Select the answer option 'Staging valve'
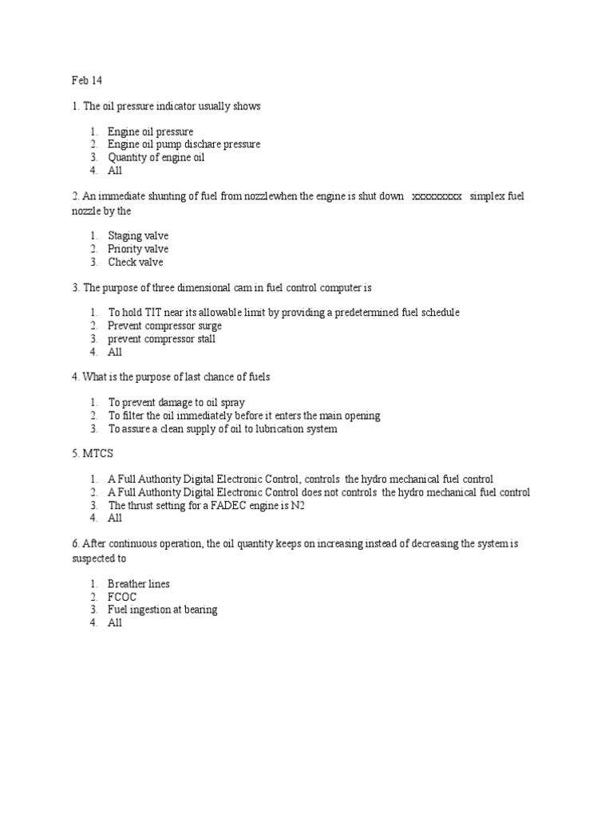pyautogui.click(x=138, y=235)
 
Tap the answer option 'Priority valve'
pyautogui.click(x=138, y=249)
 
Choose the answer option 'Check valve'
pyautogui.click(x=135, y=262)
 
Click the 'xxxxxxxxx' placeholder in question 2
pyautogui.click(x=436, y=197)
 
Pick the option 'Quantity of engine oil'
pyautogui.click(x=156, y=158)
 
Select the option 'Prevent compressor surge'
pyautogui.click(x=164, y=326)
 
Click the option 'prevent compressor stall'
pyautogui.click(x=162, y=339)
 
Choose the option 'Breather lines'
pyautogui.click(x=139, y=583)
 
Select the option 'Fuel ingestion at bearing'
pyautogui.click(x=163, y=610)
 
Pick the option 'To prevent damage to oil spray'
pyautogui.click(x=177, y=403)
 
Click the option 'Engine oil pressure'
pyautogui.click(x=151, y=132)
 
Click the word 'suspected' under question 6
pyautogui.click(x=95, y=558)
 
